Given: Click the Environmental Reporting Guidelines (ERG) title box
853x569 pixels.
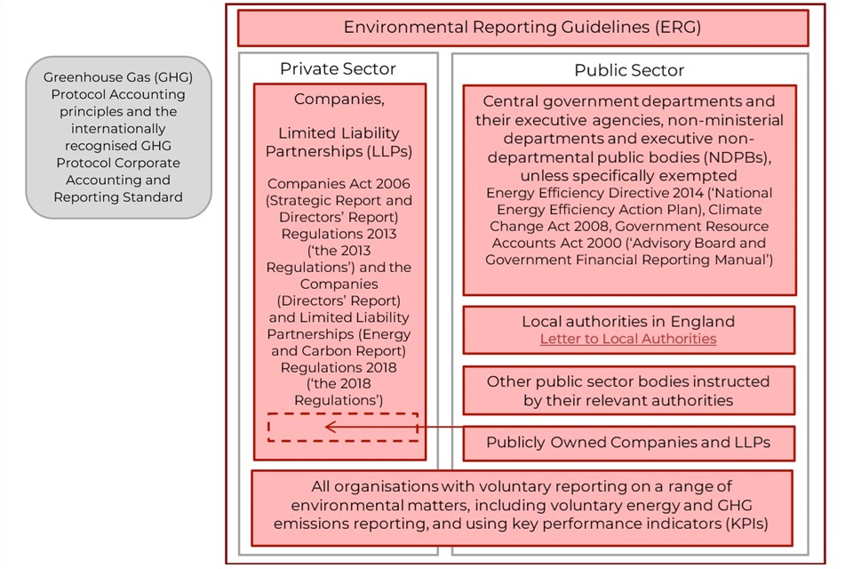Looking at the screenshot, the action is [522, 28].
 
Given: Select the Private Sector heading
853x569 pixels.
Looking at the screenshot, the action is [338, 68].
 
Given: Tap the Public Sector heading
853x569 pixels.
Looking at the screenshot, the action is [629, 70].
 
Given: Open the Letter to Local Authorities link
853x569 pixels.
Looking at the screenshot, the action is [628, 339].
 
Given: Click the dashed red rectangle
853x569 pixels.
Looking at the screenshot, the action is [343, 413].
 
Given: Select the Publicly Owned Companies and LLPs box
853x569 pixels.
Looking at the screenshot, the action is [629, 444].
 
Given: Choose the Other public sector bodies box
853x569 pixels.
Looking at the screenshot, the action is [629, 390].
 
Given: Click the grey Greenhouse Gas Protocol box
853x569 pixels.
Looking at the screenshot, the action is [118, 137].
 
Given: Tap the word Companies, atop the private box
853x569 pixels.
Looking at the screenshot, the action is [339, 99].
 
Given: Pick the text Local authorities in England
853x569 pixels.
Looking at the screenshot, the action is [628, 321].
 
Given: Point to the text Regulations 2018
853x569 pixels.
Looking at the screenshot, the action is [339, 367].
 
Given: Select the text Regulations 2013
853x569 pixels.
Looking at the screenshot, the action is [339, 234].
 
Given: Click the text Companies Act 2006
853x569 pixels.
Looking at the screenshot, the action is [339, 184].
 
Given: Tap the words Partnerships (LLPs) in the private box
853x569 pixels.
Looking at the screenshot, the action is [339, 151].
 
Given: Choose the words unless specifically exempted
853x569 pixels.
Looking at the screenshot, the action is [628, 176].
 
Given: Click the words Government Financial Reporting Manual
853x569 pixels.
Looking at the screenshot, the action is [626, 260].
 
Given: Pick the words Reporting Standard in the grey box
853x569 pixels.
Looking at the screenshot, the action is [118, 197].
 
